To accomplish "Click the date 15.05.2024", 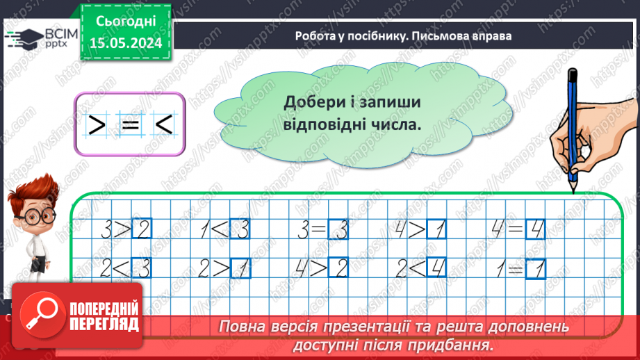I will coord(127,43).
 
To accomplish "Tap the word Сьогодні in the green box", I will coord(127,22).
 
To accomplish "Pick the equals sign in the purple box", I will coord(129,125).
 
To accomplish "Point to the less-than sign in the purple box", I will coord(163,125).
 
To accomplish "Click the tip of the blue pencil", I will coord(573,189).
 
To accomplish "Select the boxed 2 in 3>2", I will coord(141,229).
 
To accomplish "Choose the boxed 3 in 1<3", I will coord(239,229).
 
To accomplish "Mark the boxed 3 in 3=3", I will coord(338,229).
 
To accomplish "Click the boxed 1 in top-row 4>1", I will coord(436,229).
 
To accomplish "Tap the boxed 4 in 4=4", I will coord(535,229).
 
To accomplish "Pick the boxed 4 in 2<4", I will coord(436,268).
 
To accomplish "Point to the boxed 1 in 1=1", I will coord(536,268).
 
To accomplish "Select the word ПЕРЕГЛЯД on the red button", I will coord(104,324).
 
